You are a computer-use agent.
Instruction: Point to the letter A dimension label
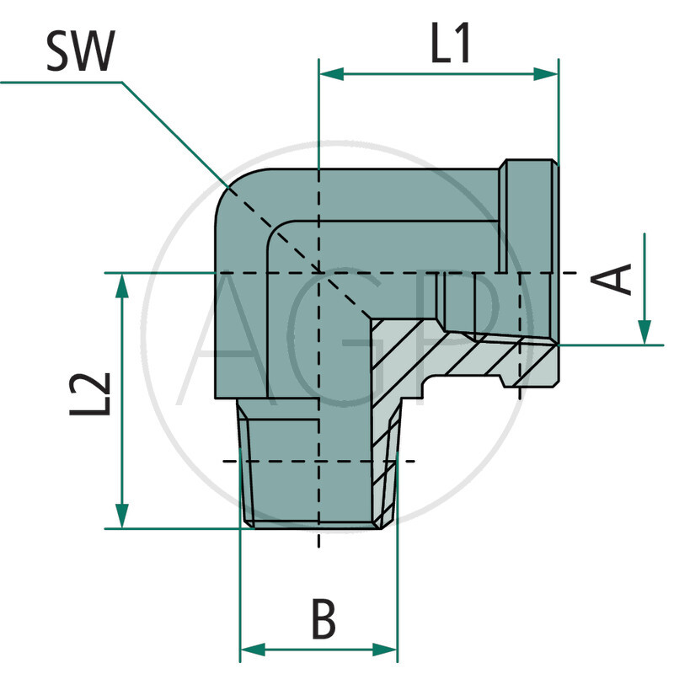click(619, 279)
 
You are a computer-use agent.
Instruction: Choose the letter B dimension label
click(322, 620)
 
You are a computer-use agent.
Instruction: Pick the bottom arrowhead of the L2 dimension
click(123, 516)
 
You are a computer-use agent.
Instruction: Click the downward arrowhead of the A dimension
click(645, 332)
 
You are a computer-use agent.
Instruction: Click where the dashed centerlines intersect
click(318, 273)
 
